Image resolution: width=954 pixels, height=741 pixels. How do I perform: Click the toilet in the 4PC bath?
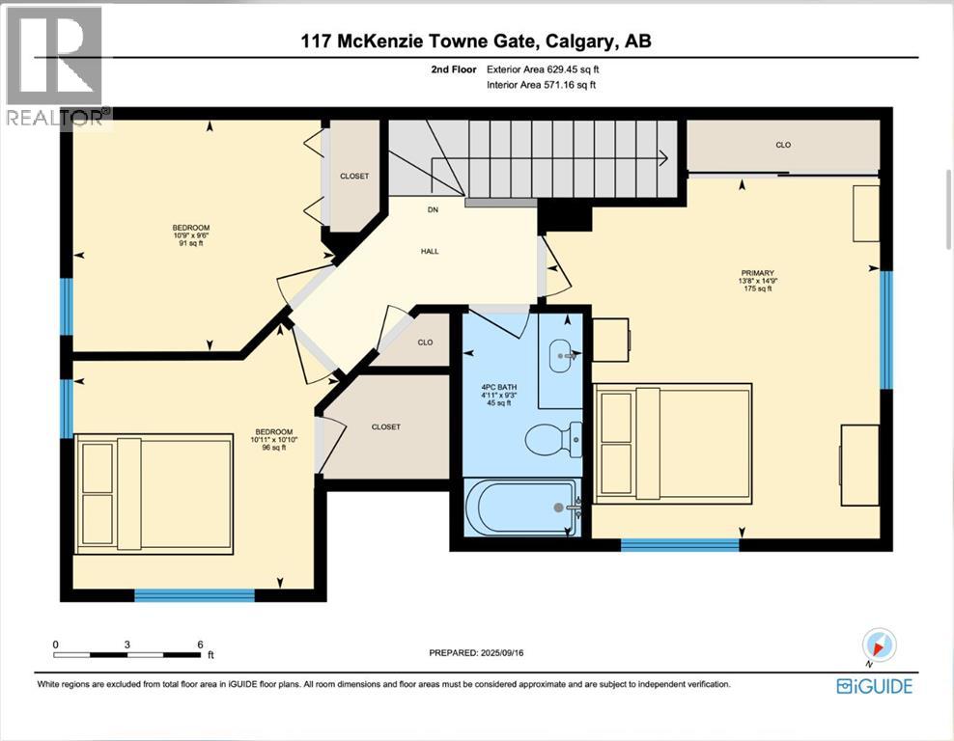(x=553, y=441)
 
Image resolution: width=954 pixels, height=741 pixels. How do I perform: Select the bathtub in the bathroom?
(x=521, y=507)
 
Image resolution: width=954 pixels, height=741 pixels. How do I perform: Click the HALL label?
(x=430, y=251)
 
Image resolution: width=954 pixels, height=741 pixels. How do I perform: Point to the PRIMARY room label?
(x=757, y=273)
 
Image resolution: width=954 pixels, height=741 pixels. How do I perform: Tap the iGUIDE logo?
(x=875, y=686)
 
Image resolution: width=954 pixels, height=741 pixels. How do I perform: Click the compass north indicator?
(x=879, y=645)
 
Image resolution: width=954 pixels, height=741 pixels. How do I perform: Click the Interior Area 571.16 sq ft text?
(x=541, y=85)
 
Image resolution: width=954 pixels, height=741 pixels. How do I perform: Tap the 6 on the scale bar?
(x=198, y=644)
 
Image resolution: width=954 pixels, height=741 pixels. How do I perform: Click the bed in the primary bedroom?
(x=672, y=443)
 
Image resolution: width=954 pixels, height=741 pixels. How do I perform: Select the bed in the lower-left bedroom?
(x=154, y=494)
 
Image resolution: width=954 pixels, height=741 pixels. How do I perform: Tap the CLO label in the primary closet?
(x=783, y=145)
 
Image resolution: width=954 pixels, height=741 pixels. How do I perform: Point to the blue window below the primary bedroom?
(x=679, y=545)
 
